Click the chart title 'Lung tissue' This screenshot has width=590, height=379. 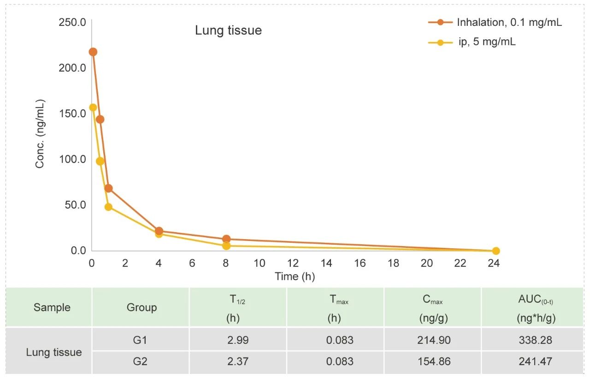[x=228, y=30]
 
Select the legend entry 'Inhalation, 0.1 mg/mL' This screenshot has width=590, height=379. [x=509, y=22]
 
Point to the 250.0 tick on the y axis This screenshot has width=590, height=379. [x=72, y=22]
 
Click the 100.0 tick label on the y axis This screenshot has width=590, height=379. [x=72, y=159]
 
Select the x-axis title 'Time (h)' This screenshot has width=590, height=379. [x=295, y=277]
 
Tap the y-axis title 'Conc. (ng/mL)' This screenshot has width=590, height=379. [x=40, y=134]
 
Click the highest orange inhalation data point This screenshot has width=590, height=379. [x=93, y=52]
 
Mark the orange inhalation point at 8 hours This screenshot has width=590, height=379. [x=226, y=239]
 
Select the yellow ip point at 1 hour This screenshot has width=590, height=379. [x=108, y=207]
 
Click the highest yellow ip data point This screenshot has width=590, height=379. [x=93, y=108]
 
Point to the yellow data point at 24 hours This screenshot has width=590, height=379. [x=496, y=251]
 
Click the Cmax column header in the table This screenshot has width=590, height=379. [x=432, y=307]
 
